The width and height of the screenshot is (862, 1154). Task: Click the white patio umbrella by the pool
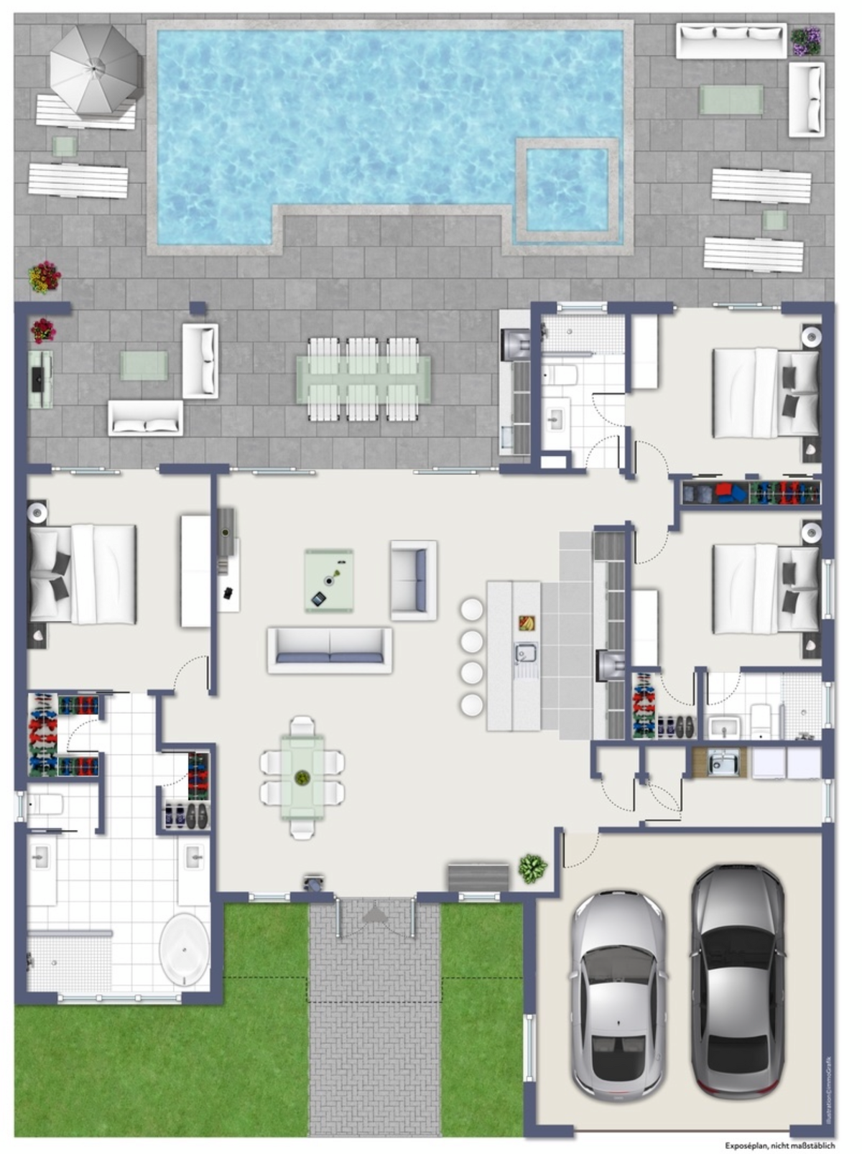95,70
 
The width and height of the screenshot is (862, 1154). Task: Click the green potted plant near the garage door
532,868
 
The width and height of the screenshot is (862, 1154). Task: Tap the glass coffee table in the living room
329,580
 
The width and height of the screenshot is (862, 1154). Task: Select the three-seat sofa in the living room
330,649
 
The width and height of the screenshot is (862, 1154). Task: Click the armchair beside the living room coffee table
413,580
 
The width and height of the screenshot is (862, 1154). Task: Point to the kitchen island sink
526,653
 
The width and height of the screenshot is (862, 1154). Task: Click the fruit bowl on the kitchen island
527,623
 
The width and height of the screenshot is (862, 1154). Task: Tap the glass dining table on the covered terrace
363,379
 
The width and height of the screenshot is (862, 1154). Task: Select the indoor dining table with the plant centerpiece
302,777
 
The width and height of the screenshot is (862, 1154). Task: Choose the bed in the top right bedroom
766,393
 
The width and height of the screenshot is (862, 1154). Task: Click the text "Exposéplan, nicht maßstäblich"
779,1146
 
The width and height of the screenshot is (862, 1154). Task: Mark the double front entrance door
374,916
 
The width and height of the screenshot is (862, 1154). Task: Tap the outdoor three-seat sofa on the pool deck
731,40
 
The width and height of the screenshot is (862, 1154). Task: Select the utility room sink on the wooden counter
723,763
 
